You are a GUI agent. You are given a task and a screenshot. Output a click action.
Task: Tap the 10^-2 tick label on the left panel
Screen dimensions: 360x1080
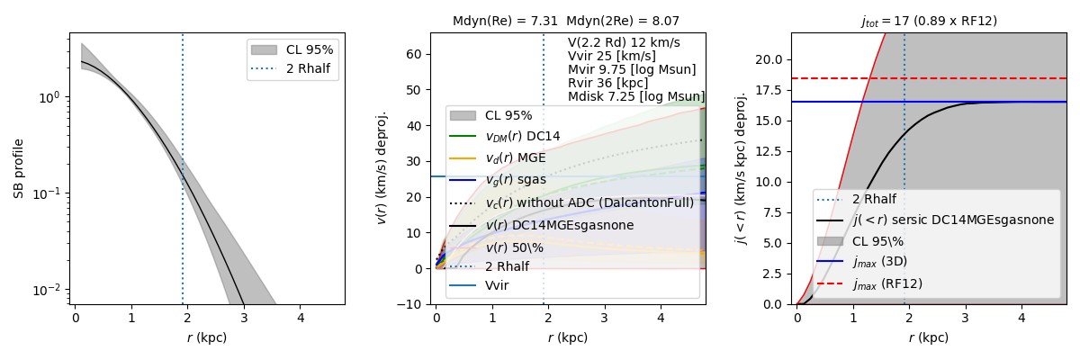[x=51, y=290]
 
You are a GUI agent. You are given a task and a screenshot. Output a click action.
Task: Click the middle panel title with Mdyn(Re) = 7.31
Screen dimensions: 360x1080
[x=566, y=21]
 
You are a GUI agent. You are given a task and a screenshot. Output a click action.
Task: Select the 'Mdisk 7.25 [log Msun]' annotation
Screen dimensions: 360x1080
[x=635, y=96]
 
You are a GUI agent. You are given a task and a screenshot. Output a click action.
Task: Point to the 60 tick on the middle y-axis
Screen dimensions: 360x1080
[x=417, y=54]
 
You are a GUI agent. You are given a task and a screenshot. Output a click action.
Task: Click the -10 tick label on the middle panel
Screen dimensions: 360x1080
[x=413, y=304]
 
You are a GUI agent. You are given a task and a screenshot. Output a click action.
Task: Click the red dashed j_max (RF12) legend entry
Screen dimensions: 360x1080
[x=886, y=283]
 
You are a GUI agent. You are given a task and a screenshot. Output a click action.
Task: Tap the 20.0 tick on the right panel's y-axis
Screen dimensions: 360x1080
[x=771, y=59]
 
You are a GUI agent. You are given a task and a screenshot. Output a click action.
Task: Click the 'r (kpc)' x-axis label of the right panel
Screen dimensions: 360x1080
[x=928, y=337]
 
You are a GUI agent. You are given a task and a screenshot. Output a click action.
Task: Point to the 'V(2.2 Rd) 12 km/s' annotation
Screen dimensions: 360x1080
[x=624, y=42]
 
